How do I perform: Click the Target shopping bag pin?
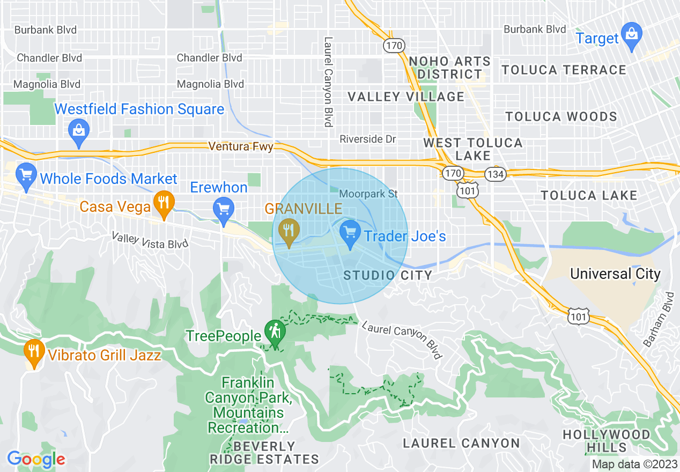pyautogui.click(x=632, y=35)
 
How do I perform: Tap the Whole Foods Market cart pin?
pyautogui.click(x=25, y=176)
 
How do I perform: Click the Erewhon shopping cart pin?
pyautogui.click(x=222, y=210)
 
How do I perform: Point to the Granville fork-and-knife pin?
pyautogui.click(x=289, y=232)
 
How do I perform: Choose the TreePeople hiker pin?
pyautogui.click(x=275, y=334)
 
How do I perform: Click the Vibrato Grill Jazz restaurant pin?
pyautogui.click(x=34, y=353)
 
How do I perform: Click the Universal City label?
pyautogui.click(x=615, y=274)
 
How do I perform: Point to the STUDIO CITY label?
pyautogui.click(x=387, y=276)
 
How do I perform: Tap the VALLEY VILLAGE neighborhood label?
pyautogui.click(x=405, y=97)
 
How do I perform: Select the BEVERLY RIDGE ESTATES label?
pyautogui.click(x=264, y=453)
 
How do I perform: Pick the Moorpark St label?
pyautogui.click(x=369, y=194)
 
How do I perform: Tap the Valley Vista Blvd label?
pyautogui.click(x=150, y=240)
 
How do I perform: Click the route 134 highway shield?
pyautogui.click(x=493, y=174)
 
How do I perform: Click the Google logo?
pyautogui.click(x=36, y=459)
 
